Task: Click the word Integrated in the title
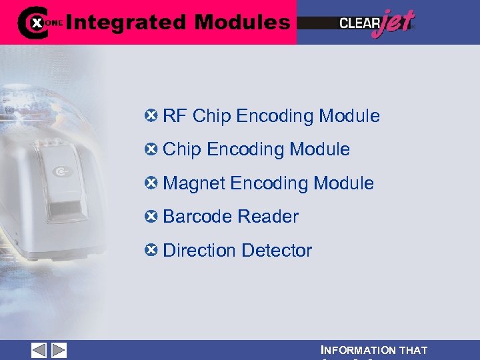(x=126, y=23)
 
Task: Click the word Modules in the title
(x=242, y=23)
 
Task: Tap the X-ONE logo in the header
(x=39, y=22)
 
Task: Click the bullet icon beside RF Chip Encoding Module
(x=151, y=115)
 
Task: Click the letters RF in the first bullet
(x=175, y=116)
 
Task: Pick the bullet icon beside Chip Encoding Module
(x=151, y=149)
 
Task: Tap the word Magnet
(x=194, y=183)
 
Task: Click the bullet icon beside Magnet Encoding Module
(x=151, y=183)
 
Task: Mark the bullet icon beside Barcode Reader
(x=151, y=216)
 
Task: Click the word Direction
(x=199, y=251)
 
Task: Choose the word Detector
(x=277, y=251)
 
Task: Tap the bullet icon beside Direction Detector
(x=151, y=250)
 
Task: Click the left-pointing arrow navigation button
(x=39, y=350)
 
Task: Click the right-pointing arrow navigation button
(x=59, y=350)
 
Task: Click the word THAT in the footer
(x=413, y=350)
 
